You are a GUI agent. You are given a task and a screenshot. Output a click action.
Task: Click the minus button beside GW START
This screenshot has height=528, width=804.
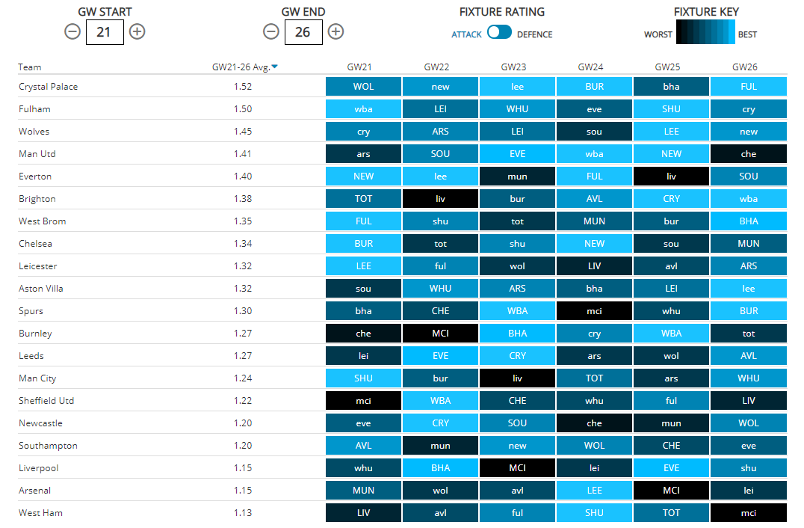pyautogui.click(x=72, y=31)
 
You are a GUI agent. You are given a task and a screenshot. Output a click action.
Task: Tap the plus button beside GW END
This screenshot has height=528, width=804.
pyautogui.click(x=336, y=31)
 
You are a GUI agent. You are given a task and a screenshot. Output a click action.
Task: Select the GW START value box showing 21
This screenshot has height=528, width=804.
pyautogui.click(x=105, y=31)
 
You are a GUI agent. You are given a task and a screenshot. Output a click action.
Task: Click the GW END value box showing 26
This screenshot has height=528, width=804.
pyautogui.click(x=303, y=31)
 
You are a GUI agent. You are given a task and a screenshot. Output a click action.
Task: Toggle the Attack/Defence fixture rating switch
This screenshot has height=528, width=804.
pyautogui.click(x=499, y=32)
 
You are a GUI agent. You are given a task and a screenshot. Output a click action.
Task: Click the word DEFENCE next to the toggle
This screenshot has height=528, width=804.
pyautogui.click(x=535, y=34)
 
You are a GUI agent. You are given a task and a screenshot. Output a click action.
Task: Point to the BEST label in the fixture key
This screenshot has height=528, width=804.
pyautogui.click(x=747, y=34)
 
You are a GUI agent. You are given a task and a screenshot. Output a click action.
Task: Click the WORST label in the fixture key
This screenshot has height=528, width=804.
pyautogui.click(x=658, y=34)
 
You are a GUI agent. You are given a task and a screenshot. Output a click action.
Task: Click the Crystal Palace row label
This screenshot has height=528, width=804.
pyautogui.click(x=48, y=87)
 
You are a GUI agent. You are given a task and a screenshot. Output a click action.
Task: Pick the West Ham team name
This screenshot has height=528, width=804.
pyautogui.click(x=40, y=513)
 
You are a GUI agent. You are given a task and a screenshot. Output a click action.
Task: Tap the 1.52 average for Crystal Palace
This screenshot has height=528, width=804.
pyautogui.click(x=242, y=87)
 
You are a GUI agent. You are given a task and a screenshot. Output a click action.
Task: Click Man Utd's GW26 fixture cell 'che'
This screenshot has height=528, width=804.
pyautogui.click(x=749, y=154)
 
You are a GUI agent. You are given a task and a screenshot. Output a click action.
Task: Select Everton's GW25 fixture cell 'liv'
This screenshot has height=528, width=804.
pyautogui.click(x=671, y=176)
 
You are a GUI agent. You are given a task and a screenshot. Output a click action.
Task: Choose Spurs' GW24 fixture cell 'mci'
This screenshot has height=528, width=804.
pyautogui.click(x=594, y=311)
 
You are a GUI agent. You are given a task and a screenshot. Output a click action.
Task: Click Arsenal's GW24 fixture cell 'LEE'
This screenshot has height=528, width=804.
pyautogui.click(x=594, y=491)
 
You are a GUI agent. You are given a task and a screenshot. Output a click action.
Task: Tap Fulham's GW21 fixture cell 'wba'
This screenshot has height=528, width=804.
pyautogui.click(x=363, y=109)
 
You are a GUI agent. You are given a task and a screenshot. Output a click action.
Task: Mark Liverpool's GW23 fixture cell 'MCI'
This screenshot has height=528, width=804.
pyautogui.click(x=517, y=468)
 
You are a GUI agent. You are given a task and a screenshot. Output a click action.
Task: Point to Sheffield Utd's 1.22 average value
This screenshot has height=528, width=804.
pyautogui.click(x=242, y=401)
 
